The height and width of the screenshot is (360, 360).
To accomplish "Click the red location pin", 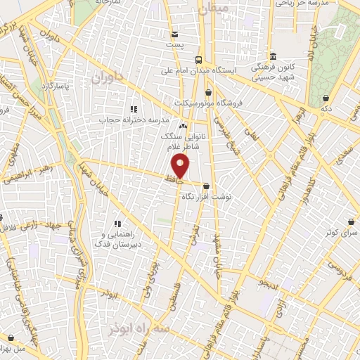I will click(x=181, y=166).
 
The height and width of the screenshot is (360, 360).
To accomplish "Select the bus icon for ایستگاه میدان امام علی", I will click(x=199, y=60).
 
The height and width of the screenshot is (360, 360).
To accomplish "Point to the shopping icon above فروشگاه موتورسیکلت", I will click(x=208, y=92).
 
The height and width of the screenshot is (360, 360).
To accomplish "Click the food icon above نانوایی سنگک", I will click(x=184, y=126).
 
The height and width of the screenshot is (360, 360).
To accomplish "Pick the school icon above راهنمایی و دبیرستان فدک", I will click(x=117, y=224).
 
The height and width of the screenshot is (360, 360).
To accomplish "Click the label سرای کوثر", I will click(x=342, y=231).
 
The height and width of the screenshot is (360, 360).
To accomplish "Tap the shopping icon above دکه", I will click(x=326, y=98).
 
